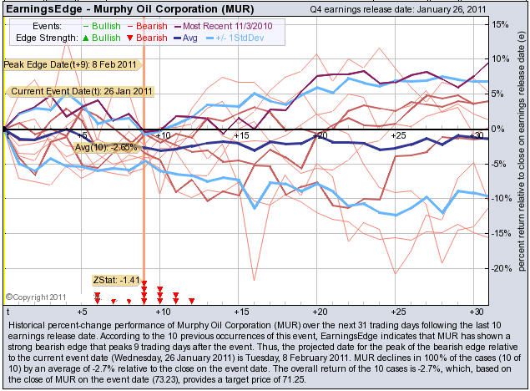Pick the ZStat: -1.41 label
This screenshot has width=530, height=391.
113,279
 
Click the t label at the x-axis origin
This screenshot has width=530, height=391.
7,310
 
